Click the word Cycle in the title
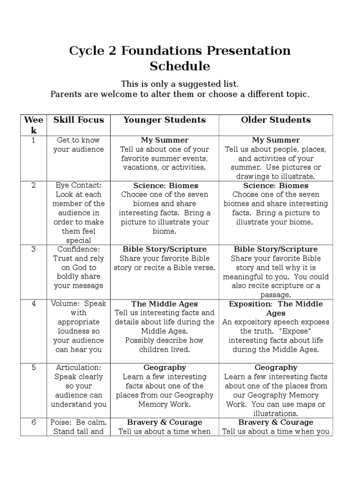tap(87, 51)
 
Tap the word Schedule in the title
tap(180, 66)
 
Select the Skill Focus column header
tap(79, 120)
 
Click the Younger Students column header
tap(165, 120)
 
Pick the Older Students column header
tap(276, 120)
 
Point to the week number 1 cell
tap(33, 140)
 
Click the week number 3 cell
tap(33, 249)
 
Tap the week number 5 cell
tap(33, 367)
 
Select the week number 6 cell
tap(33, 422)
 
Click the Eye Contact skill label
tap(78, 186)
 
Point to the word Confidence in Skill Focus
tap(78, 249)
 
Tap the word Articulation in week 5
tap(78, 367)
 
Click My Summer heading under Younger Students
tap(165, 140)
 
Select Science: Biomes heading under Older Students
tap(276, 186)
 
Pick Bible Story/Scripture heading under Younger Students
tap(165, 249)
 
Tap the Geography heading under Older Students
tap(276, 367)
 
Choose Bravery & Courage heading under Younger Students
tap(165, 422)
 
